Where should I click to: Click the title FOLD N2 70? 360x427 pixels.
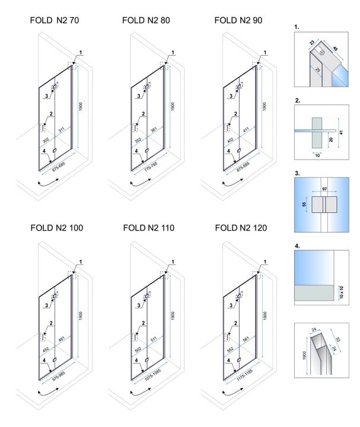tap(54, 20)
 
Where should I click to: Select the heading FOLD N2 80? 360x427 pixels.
tap(146, 20)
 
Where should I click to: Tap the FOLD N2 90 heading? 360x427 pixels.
tap(238, 20)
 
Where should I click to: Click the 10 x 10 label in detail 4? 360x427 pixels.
tap(340, 291)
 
